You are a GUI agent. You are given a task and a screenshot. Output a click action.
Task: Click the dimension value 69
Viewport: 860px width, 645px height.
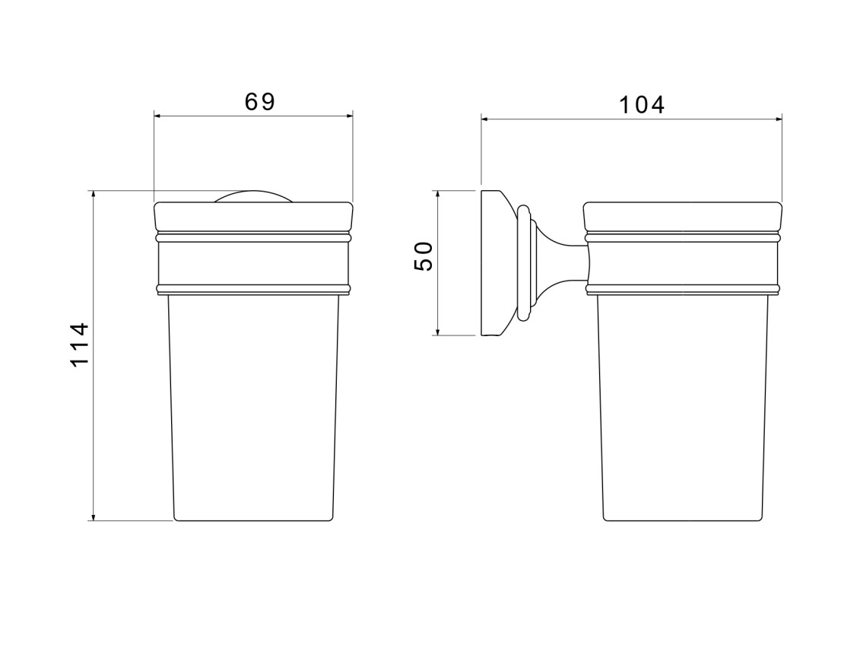coord(259,101)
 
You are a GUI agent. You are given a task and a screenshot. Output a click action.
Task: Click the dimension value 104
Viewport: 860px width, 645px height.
coord(642,105)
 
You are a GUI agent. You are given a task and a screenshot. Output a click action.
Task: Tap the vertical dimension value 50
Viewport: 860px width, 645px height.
coord(424,256)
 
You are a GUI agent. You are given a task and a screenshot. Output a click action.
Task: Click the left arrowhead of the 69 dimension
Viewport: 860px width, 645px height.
coord(157,116)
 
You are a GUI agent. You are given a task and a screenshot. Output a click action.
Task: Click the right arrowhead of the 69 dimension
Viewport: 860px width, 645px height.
coord(349,116)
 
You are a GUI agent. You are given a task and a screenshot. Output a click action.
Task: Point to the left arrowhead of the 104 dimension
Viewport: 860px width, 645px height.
coord(485,119)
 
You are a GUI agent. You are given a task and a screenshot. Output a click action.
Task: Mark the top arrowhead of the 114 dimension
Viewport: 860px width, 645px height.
coord(94,194)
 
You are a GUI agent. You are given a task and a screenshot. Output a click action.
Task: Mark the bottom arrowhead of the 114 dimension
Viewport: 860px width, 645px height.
coord(94,516)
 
